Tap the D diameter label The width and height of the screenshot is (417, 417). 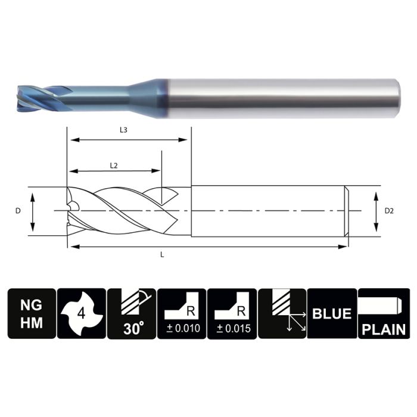pos(18,211)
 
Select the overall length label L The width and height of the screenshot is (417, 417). pos(163,254)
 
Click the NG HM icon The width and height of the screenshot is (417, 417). pos(31,313)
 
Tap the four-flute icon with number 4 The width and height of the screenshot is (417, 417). pos(81,313)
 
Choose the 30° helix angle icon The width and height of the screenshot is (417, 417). pos(131,313)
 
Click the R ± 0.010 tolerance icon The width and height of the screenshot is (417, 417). pos(182,313)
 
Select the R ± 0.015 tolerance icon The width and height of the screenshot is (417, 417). pos(232,313)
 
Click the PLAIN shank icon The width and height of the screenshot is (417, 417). pos(383,313)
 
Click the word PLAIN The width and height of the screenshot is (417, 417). pos(383,329)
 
